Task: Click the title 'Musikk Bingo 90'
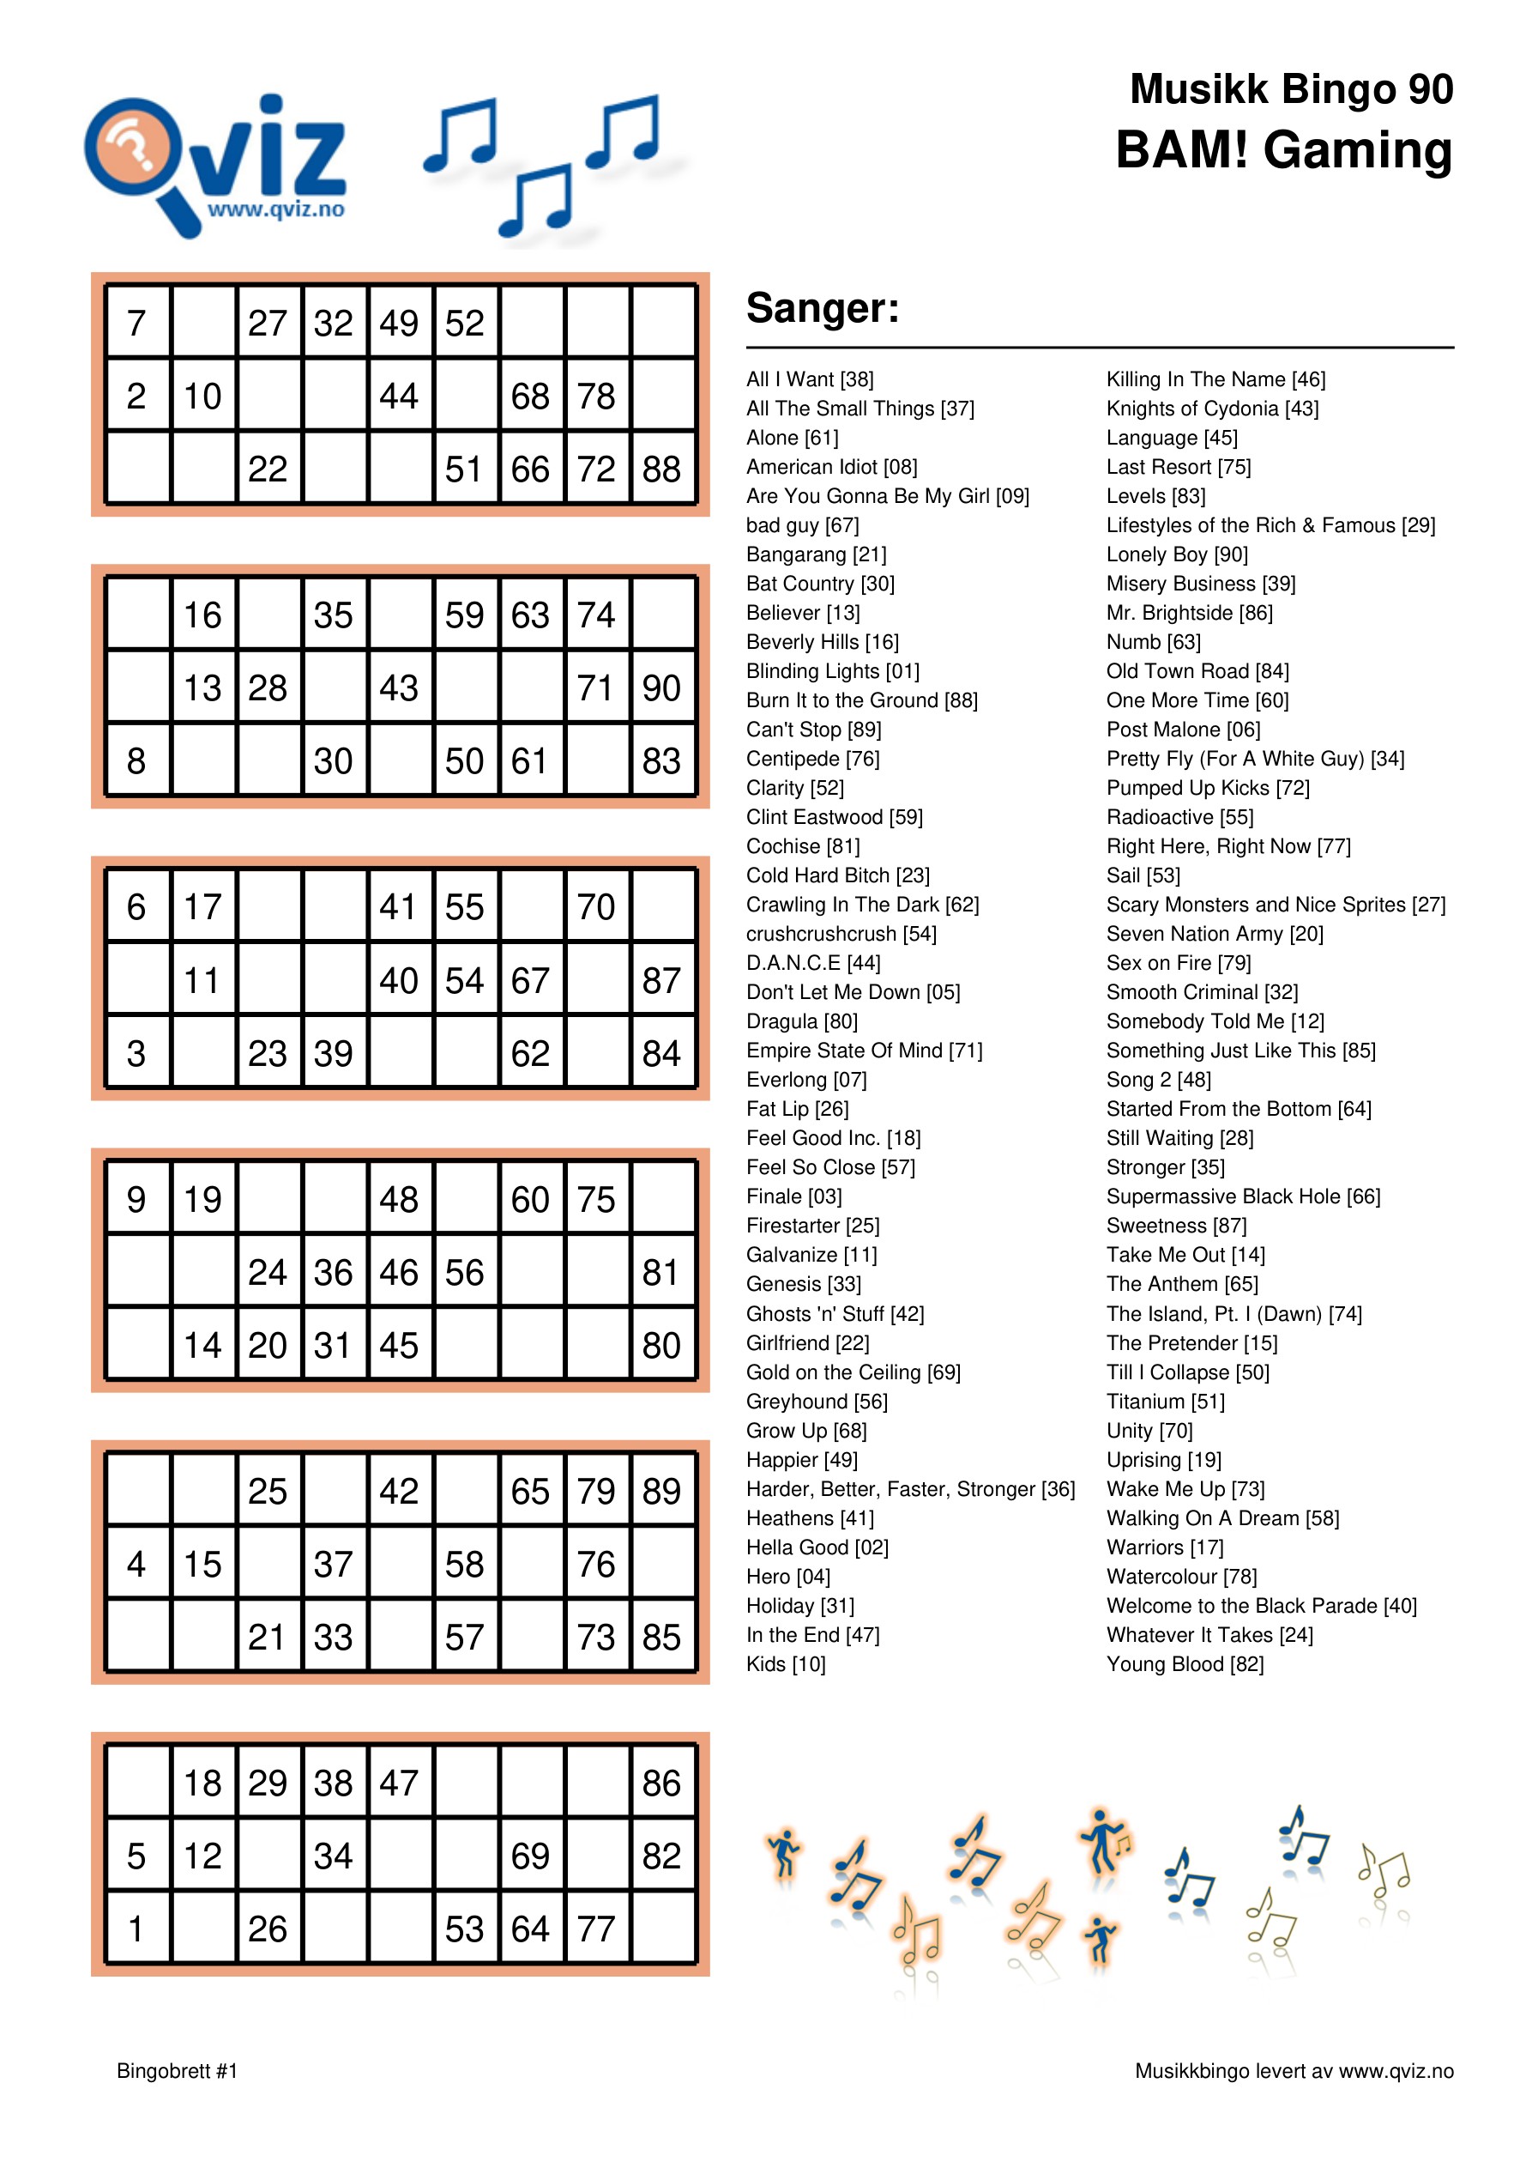(x=1290, y=90)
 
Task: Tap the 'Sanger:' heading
(x=822, y=308)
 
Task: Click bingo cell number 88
(x=661, y=469)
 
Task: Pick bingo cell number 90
(x=661, y=688)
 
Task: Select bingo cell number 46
(x=398, y=1273)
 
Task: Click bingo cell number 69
(x=530, y=1856)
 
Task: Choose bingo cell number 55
(x=464, y=907)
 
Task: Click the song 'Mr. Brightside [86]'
(x=1190, y=613)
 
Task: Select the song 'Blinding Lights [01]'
(x=833, y=671)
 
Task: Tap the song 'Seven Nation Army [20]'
(x=1215, y=934)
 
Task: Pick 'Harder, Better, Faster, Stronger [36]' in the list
(x=910, y=1489)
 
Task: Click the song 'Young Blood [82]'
(x=1185, y=1664)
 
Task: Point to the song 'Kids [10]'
(x=786, y=1664)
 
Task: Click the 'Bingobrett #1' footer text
(x=177, y=2071)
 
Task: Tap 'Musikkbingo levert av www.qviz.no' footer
(x=1294, y=2071)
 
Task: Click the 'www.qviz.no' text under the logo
(x=275, y=209)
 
